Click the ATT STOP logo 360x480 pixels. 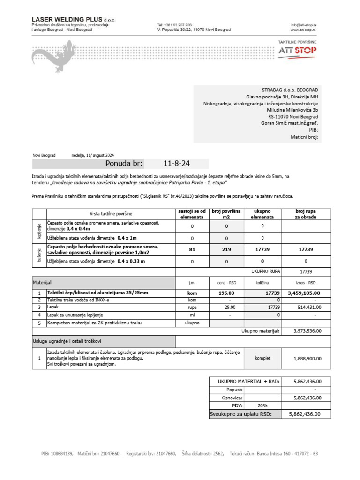(x=297, y=51)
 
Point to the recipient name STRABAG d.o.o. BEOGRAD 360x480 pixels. (x=290, y=90)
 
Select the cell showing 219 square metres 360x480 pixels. (x=226, y=249)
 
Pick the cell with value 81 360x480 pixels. (x=192, y=249)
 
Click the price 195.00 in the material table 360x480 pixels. (x=226, y=293)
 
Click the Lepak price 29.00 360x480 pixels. (x=226, y=307)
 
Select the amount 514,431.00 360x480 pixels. (x=307, y=307)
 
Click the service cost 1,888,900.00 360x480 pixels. (x=307, y=359)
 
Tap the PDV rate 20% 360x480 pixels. (x=262, y=405)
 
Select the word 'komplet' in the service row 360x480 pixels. (x=262, y=359)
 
